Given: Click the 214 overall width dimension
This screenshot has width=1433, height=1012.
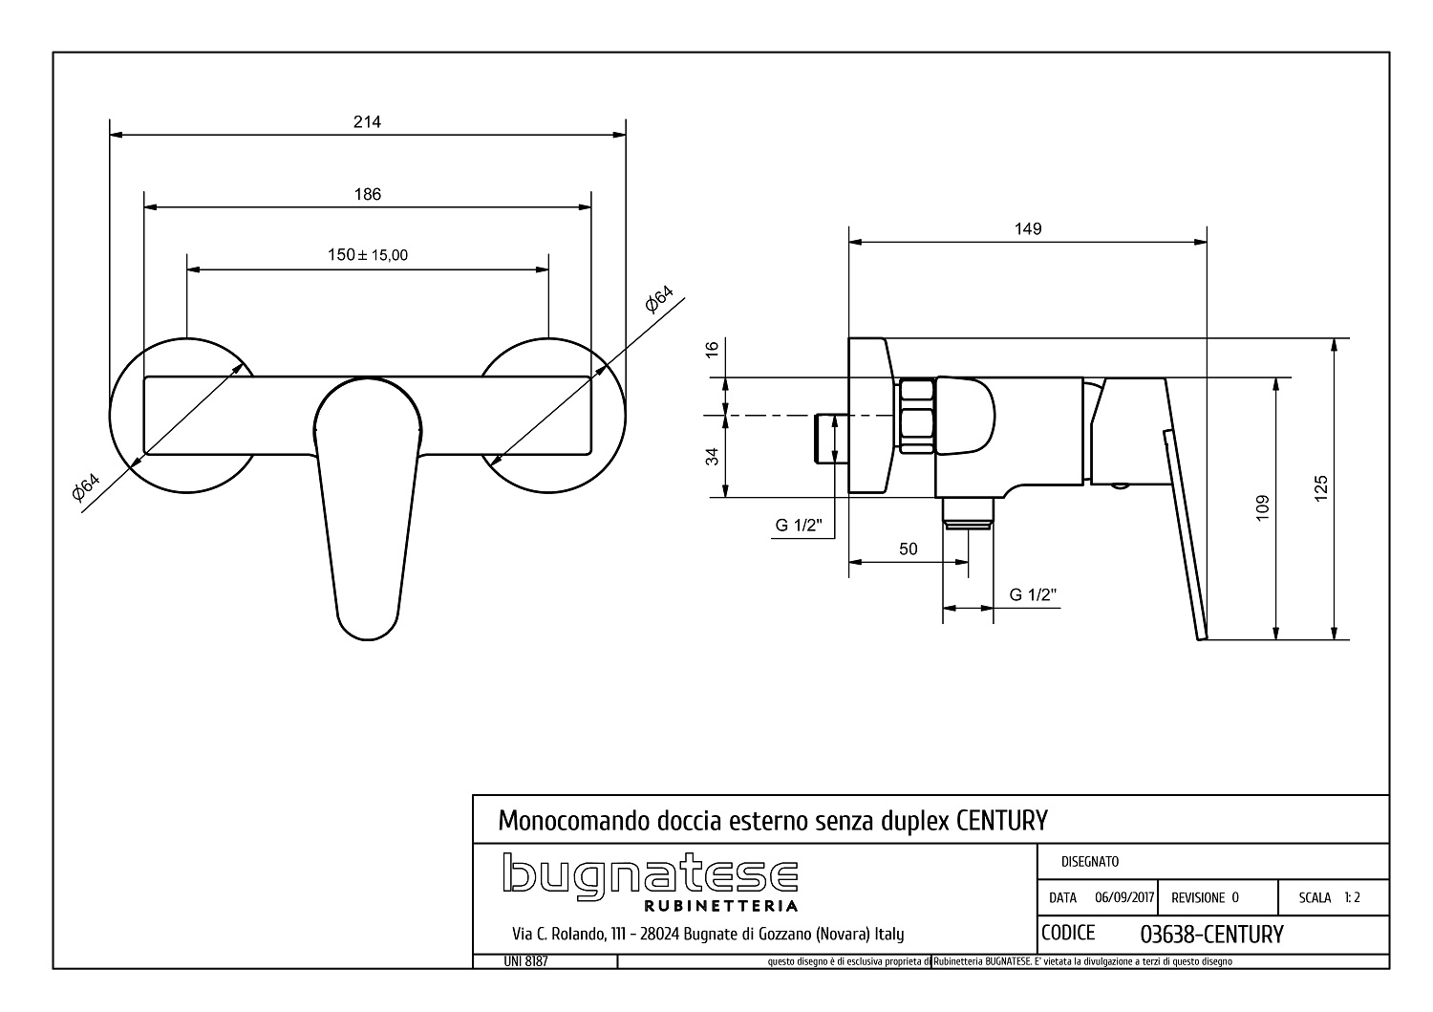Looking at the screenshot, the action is (x=367, y=121).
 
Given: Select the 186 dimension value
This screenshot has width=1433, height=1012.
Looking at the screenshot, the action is (x=368, y=194).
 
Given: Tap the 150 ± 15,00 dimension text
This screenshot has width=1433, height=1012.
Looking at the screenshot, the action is (x=368, y=255).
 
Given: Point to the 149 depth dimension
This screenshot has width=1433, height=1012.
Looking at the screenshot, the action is (x=1028, y=228).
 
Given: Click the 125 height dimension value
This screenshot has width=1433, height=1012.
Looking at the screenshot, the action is (x=1320, y=488).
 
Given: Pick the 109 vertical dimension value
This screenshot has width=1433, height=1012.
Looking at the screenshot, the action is (x=1262, y=508).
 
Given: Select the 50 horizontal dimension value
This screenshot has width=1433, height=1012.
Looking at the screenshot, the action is (x=909, y=549).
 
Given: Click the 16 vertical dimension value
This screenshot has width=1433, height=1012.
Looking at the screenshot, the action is (x=712, y=350).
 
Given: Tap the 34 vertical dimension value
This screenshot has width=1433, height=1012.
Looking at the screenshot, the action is (x=712, y=457).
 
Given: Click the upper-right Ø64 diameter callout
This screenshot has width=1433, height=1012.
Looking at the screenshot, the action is (x=659, y=299).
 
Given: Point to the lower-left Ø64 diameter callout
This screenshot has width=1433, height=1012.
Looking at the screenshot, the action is (x=86, y=486).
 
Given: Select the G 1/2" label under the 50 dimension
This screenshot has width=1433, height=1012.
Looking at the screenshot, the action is (x=1033, y=594).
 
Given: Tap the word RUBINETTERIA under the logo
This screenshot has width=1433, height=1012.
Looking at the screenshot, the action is (x=721, y=906).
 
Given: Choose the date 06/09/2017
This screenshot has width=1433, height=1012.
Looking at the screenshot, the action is (x=1124, y=897).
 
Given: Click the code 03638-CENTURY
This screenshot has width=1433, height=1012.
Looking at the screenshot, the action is (x=1211, y=935).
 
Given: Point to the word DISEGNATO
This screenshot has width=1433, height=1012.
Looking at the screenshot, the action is (x=1090, y=862).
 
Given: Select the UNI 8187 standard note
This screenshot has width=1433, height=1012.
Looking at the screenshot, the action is (x=525, y=961).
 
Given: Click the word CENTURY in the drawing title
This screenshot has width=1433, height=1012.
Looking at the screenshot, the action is (x=1002, y=821).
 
